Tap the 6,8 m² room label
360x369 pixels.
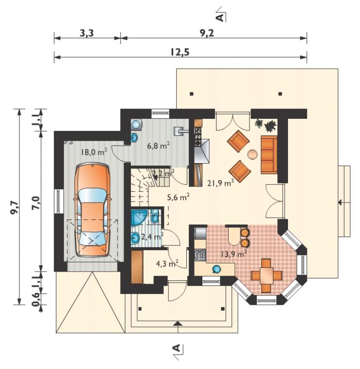pyautogui.click(x=158, y=146)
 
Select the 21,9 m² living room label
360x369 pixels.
pyautogui.click(x=220, y=183)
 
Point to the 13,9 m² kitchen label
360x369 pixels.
pyautogui.click(x=234, y=254)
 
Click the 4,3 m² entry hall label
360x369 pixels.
pyautogui.click(x=167, y=263)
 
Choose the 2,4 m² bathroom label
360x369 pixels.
pyautogui.click(x=152, y=237)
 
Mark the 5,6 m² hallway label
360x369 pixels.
pyautogui.click(x=178, y=197)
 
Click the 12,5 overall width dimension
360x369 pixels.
pyautogui.click(x=180, y=52)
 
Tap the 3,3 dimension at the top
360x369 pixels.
pyautogui.click(x=87, y=34)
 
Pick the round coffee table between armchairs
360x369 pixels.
pyautogui.click(x=252, y=155)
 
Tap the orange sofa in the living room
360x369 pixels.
pyautogui.click(x=269, y=155)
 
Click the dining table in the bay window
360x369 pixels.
pyautogui.click(x=266, y=276)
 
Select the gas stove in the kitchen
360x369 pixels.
pyautogui.click(x=200, y=255)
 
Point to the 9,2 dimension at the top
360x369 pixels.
pyautogui.click(x=207, y=34)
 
